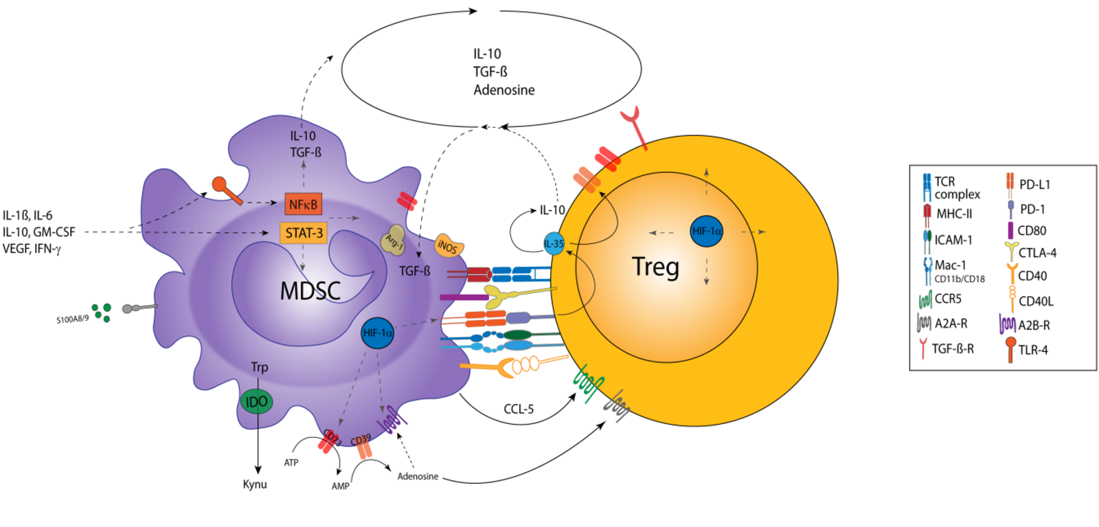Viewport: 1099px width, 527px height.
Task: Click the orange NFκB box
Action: [303, 204]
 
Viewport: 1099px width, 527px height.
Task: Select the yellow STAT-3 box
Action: [303, 233]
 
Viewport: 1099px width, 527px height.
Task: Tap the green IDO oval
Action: [256, 402]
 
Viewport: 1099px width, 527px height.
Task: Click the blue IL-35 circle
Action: [554, 244]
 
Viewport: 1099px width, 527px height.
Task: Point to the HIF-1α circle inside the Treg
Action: [707, 232]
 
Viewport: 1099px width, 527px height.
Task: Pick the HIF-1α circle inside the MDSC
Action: [377, 333]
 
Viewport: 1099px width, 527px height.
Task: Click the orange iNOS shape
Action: [448, 246]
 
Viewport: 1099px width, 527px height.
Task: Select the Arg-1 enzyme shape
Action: [394, 240]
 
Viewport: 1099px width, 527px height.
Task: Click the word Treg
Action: [655, 267]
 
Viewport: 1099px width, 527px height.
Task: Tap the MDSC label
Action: [310, 291]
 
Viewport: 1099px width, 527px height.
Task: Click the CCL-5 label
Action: [519, 410]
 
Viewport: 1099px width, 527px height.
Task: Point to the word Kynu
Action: [255, 484]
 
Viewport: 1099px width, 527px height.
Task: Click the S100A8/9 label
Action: [72, 319]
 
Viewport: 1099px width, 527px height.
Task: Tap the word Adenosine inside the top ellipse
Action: [503, 90]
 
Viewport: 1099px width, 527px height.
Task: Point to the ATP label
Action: [291, 463]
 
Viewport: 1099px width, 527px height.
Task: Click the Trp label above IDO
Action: [259, 368]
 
